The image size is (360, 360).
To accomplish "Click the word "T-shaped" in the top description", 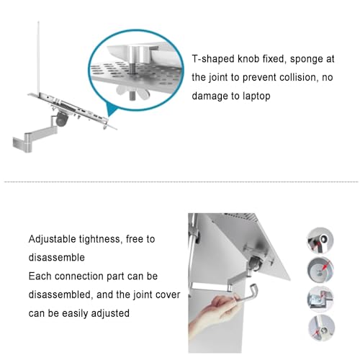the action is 212,59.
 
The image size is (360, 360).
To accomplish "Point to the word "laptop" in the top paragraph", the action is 256,96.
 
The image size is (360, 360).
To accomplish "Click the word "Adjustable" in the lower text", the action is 52,239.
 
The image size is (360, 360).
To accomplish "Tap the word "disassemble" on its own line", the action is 57,258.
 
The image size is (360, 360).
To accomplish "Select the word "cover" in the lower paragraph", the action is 168,295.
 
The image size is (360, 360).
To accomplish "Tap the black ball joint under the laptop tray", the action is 63,119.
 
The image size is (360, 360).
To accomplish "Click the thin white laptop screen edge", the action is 38,58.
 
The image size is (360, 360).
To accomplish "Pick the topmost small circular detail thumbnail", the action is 320,240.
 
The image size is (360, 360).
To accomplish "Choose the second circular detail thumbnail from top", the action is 320,270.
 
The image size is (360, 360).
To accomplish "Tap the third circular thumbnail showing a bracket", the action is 320,300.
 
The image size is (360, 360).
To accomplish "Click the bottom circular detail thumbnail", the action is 321,328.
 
